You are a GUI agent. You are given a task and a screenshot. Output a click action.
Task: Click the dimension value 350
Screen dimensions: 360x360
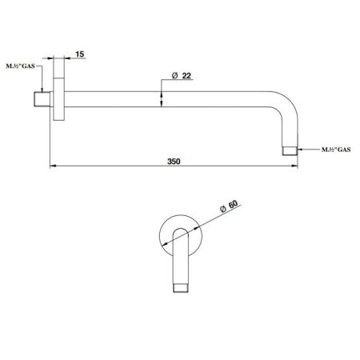coord(174,162)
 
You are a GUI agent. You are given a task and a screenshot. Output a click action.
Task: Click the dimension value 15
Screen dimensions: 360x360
coord(79,54)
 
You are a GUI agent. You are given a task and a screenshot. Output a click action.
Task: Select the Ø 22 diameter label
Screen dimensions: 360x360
coord(182,76)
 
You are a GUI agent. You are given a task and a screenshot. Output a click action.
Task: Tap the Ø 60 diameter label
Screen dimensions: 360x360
coord(229,206)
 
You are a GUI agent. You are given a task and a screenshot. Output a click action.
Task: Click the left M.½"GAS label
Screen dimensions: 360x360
coord(20,66)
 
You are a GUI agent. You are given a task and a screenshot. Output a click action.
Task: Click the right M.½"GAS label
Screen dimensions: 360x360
coord(336,150)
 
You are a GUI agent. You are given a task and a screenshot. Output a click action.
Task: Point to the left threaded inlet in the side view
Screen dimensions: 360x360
coord(42,99)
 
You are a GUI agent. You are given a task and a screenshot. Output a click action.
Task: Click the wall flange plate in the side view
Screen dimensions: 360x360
coord(59,99)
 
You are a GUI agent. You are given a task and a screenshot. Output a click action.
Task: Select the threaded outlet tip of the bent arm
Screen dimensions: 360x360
coord(290,150)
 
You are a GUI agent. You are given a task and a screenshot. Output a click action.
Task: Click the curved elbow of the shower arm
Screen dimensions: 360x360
coord(289,102)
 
